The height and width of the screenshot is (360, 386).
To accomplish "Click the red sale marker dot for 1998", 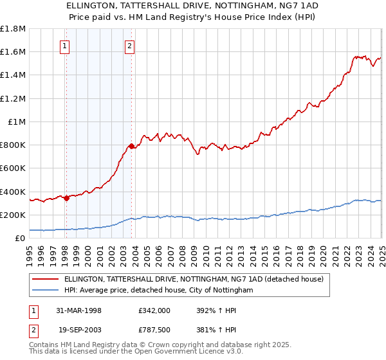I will pyautogui.click(x=66, y=198).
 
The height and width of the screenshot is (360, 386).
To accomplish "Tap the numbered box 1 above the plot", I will pyautogui.click(x=66, y=46).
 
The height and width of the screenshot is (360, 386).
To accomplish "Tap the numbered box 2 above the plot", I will pyautogui.click(x=130, y=46).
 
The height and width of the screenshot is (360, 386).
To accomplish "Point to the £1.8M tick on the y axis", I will pyautogui.click(x=13, y=29).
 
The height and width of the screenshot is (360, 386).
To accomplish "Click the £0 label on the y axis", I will pyautogui.click(x=21, y=238).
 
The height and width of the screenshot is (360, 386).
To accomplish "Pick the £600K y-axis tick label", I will pyautogui.click(x=13, y=168).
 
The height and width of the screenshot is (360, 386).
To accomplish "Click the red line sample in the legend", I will pyautogui.click(x=46, y=279).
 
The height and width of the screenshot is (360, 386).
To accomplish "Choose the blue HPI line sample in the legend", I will pyautogui.click(x=46, y=291).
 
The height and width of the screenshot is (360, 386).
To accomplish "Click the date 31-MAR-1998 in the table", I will pyautogui.click(x=79, y=310).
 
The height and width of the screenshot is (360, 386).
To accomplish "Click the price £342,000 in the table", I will pyautogui.click(x=154, y=310).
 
